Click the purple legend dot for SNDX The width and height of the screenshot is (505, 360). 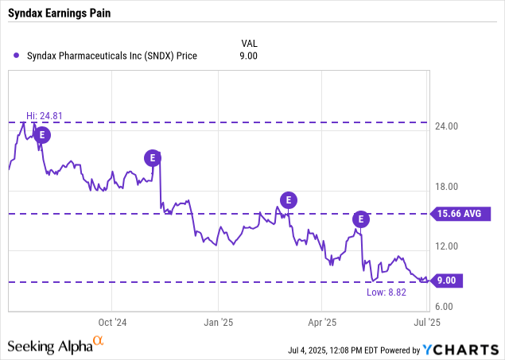tap(17, 56)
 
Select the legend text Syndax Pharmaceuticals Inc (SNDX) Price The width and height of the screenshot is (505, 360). tap(111, 56)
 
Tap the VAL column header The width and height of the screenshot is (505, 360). tap(249, 42)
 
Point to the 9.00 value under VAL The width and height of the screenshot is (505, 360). tap(249, 56)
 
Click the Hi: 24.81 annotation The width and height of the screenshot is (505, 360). tap(45, 116)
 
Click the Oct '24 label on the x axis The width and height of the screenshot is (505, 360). tap(111, 323)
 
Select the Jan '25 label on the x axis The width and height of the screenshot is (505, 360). tap(216, 323)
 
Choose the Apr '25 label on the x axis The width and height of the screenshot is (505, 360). tap(321, 323)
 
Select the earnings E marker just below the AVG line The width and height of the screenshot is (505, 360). tap(362, 219)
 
